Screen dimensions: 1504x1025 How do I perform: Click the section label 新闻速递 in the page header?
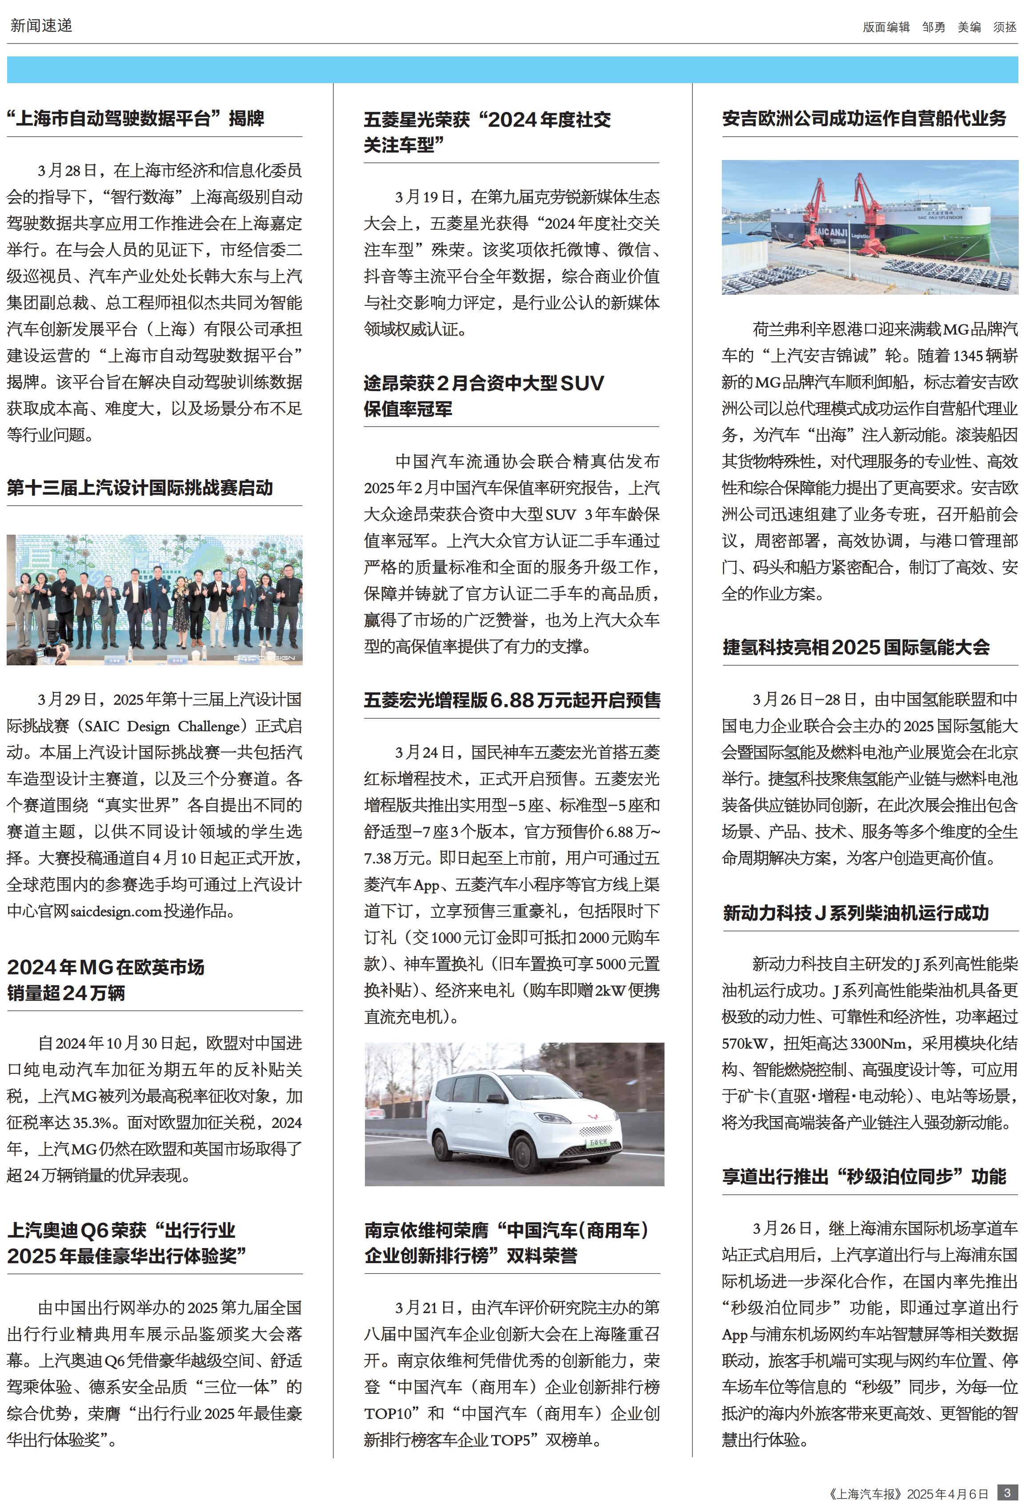coord(41,26)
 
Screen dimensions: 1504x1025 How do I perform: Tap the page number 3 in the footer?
coord(1006,1491)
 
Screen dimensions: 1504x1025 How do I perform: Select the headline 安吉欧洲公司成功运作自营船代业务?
coord(864,118)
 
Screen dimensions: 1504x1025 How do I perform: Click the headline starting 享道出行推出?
coord(864,1176)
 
